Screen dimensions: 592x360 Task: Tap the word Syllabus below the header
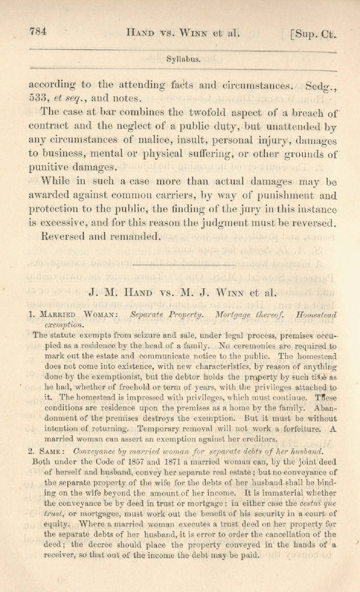(x=183, y=58)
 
